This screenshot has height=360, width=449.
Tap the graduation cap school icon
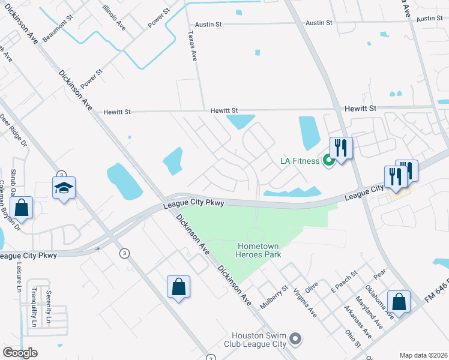[x=63, y=188]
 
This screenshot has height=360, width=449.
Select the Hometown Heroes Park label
[x=260, y=250]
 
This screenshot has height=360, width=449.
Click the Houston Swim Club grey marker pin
[x=295, y=340]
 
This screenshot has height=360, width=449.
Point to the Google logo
[x=20, y=353]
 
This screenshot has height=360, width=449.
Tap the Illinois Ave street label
[x=114, y=18]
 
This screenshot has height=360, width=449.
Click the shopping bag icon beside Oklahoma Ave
[x=399, y=301]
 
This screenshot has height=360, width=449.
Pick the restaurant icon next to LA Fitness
[x=342, y=147]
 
